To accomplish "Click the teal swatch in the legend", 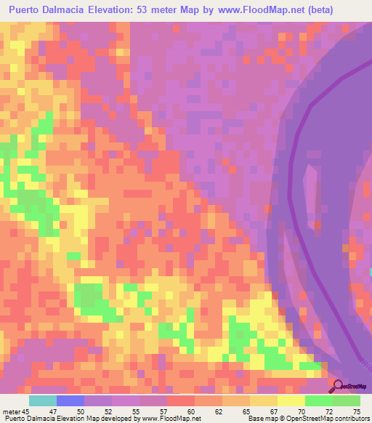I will [x=43, y=401].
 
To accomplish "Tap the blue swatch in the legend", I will [x=70, y=401].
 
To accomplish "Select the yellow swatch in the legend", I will [x=291, y=401].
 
